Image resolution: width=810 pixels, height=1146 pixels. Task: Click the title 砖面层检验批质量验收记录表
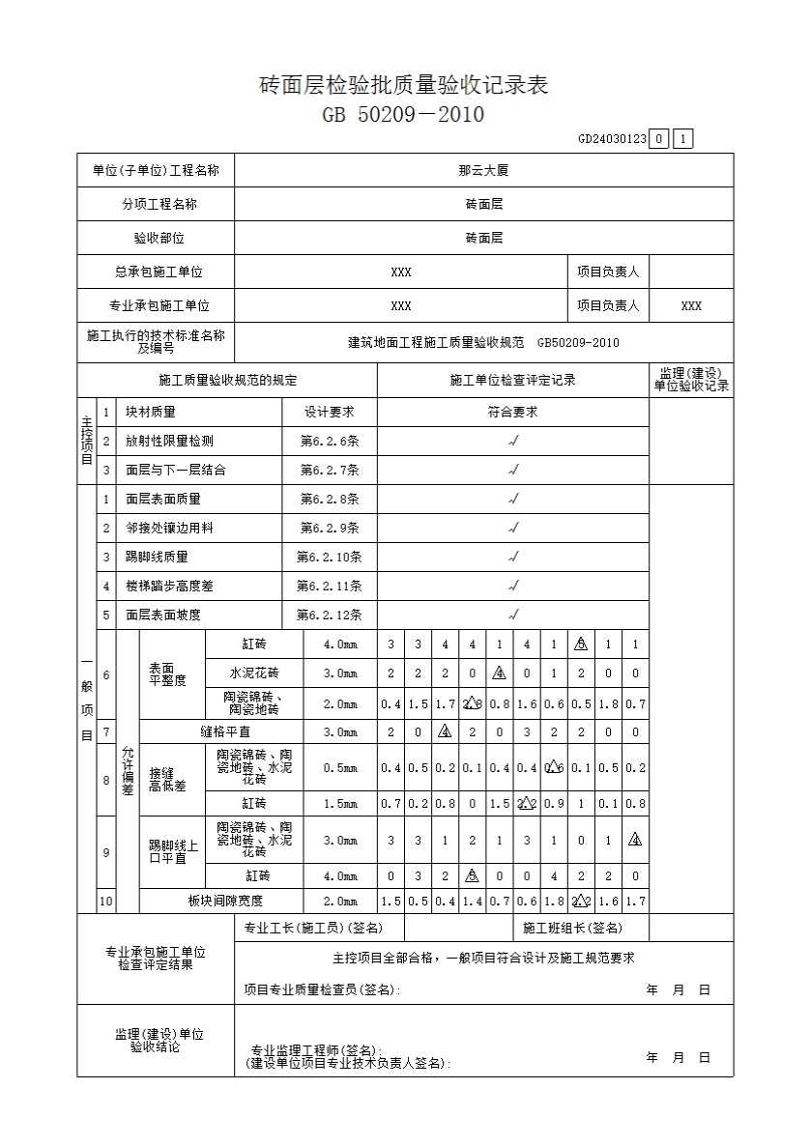coord(404,85)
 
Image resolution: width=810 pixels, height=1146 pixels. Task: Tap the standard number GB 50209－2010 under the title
coord(404,115)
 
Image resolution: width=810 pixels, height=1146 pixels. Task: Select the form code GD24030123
coord(612,139)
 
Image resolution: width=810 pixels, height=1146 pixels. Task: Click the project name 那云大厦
coord(483,171)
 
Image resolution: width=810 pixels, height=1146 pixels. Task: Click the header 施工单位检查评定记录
coord(512,381)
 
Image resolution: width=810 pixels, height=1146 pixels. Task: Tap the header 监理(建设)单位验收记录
coord(691,380)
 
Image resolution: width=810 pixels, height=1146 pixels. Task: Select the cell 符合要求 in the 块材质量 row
coord(512,412)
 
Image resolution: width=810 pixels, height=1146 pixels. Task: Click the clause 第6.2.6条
coord(330,441)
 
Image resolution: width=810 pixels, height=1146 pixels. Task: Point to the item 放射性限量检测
coord(169,441)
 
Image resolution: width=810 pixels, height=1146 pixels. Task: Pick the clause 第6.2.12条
coord(330,615)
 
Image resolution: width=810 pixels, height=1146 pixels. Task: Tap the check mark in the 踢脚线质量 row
coord(513,557)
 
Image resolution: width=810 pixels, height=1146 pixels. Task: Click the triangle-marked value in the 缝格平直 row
coord(445,732)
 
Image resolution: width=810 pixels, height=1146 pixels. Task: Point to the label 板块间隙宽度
coord(225,902)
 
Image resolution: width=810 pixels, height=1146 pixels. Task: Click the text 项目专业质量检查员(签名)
coord(321,989)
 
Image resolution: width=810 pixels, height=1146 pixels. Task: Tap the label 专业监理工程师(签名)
coord(316,1050)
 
